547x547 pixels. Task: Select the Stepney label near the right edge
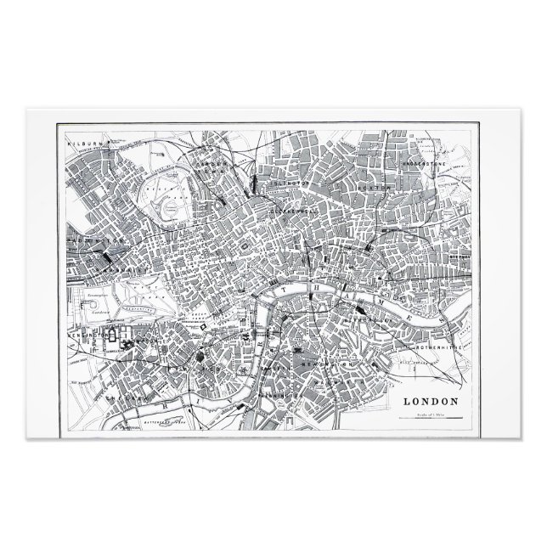460,255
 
